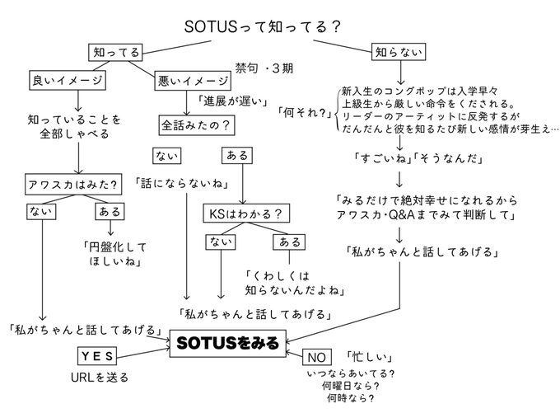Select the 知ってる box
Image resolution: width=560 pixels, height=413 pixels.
point(115,52)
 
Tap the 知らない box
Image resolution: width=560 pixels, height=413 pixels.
point(399,52)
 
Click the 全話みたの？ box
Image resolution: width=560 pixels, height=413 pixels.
point(195,125)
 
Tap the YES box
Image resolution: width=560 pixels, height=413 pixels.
point(99,355)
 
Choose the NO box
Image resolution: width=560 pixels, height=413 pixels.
point(317,357)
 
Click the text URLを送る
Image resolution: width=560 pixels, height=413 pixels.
point(100,378)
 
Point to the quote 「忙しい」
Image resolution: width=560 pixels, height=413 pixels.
point(368,358)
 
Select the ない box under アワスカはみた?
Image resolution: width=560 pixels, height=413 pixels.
point(39,213)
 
